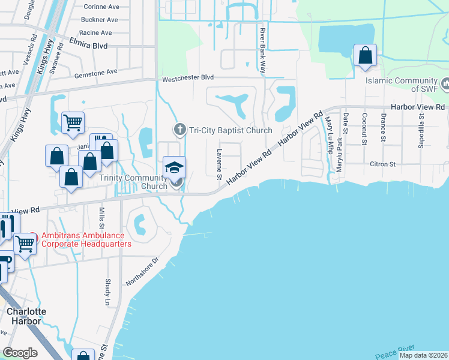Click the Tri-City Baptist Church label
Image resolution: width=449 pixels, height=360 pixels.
tap(231, 130)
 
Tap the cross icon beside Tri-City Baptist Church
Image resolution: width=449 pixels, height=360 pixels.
tap(179, 130)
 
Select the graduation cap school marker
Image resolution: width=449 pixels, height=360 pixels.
tap(174, 167)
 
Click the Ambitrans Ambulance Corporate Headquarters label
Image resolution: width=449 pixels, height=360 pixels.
tap(86, 240)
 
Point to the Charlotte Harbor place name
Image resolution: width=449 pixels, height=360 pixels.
tap(23, 316)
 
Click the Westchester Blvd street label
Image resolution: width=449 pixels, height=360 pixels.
tap(187, 78)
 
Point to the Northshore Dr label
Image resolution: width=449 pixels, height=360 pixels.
tap(142, 271)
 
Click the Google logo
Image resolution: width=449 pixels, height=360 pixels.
tap(20, 353)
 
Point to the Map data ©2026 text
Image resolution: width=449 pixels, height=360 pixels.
tap(424, 355)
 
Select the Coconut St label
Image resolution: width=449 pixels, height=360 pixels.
tap(364, 127)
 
